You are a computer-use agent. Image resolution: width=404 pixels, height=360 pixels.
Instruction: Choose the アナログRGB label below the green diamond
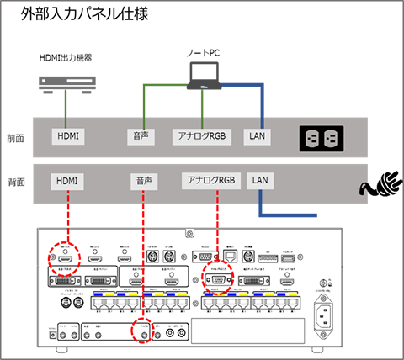[x=202, y=135]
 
